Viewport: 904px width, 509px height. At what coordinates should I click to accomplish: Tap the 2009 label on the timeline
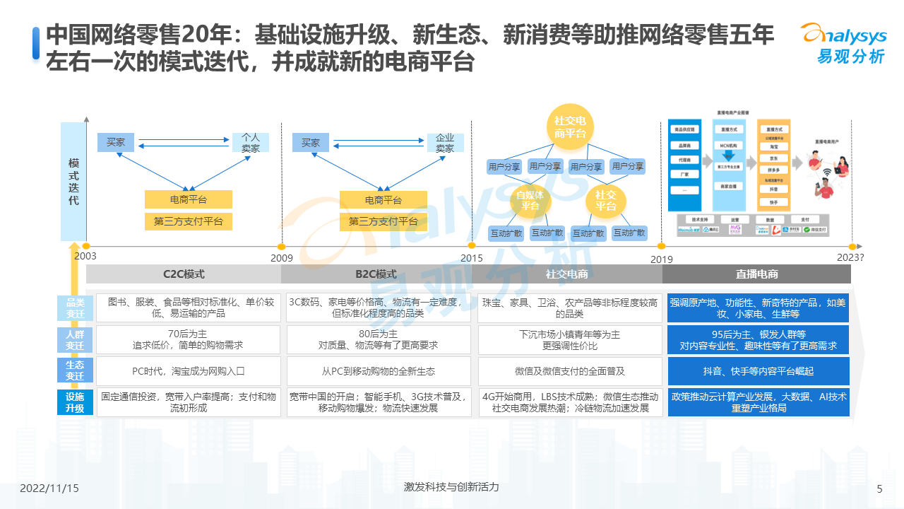pos(282,258)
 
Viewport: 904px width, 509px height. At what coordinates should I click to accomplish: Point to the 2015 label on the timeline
pos(472,258)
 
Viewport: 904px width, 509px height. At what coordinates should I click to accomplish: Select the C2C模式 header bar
pos(184,274)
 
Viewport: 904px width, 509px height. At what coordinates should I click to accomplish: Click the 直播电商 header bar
pos(756,274)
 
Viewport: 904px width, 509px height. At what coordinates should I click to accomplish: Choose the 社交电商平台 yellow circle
pos(569,127)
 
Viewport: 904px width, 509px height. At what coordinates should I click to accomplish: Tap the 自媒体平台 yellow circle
pos(530,200)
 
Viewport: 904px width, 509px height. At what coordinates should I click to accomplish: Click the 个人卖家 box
pos(251,143)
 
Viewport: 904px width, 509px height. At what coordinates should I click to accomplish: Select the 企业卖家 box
pos(445,143)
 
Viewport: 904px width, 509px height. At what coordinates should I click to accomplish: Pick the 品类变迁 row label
pos(75,308)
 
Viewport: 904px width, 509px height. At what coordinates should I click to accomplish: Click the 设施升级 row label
pos(75,402)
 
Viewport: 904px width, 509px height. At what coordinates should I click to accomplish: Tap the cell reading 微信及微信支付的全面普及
pos(570,371)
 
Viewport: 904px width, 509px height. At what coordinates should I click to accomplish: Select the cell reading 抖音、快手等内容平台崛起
pos(758,371)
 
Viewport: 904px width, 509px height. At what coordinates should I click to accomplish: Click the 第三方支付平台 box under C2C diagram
pos(188,221)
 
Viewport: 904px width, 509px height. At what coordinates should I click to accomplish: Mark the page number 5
pos(879,488)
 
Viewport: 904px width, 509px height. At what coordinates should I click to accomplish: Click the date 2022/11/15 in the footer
pos(49,488)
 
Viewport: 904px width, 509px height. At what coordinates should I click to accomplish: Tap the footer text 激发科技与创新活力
pos(451,487)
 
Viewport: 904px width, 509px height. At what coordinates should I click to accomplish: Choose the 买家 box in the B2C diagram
pos(311,143)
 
